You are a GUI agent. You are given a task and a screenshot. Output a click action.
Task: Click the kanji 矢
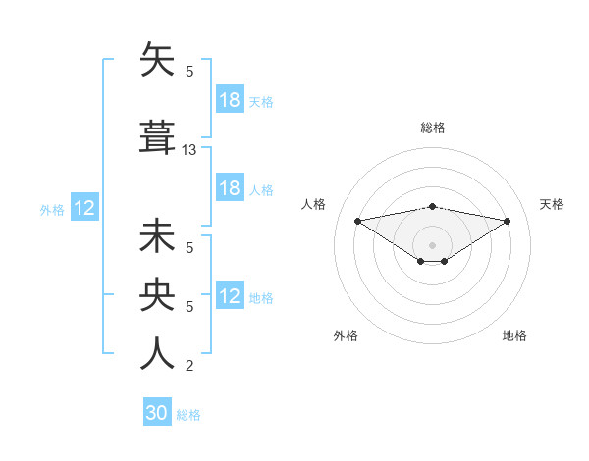coord(158,61)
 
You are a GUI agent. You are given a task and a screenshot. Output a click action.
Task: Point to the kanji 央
coord(158,295)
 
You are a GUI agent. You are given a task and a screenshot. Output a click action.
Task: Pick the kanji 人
coord(158,353)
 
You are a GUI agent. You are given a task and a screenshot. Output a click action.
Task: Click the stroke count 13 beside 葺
coord(189,150)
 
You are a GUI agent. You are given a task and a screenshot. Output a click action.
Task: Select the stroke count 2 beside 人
coord(189,366)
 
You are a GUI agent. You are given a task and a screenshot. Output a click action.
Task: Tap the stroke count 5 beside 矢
coord(189,72)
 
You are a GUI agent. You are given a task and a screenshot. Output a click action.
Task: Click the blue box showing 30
coord(157,413)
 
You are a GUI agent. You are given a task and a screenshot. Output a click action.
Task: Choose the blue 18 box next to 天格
coord(230,100)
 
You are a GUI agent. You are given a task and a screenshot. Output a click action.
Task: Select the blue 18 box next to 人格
coord(230,188)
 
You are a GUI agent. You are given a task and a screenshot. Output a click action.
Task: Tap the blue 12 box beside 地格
coord(230,296)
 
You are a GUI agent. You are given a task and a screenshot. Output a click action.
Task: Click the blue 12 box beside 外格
coord(84,208)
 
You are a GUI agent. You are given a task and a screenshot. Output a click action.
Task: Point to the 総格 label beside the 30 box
coord(188,415)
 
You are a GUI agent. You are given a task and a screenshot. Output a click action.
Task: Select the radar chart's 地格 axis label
coord(514,336)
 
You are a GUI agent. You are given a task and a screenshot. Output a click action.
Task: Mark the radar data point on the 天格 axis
coord(508,221)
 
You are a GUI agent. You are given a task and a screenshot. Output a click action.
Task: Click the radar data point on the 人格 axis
coord(357,220)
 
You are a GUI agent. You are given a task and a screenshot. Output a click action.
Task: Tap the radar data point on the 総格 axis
coord(432,207)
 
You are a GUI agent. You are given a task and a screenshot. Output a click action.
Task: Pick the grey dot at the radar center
coord(432,244)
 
